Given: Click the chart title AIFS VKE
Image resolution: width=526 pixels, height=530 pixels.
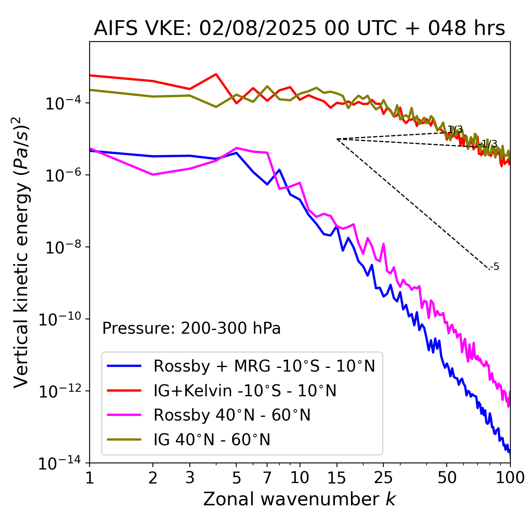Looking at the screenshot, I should [x=299, y=28].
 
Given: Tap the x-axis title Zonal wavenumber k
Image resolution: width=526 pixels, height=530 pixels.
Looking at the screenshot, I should [x=299, y=499].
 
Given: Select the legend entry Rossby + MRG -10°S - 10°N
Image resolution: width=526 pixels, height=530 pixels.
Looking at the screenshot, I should [x=264, y=366].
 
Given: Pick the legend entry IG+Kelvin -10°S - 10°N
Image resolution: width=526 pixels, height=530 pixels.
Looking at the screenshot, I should [x=245, y=391].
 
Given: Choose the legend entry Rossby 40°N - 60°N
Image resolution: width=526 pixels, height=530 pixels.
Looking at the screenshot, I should [x=232, y=415].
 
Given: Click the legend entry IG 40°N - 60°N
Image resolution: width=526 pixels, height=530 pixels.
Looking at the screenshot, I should [x=212, y=440].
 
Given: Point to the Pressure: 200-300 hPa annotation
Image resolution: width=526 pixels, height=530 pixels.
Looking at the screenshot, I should [x=191, y=328].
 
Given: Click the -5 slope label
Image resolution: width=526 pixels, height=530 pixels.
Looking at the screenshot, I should [x=495, y=267].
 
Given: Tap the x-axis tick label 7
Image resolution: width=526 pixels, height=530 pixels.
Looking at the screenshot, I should [x=267, y=478].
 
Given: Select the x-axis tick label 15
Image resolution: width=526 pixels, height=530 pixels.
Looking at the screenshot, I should [x=337, y=478].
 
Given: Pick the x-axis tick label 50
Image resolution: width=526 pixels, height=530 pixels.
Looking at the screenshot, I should [x=447, y=478].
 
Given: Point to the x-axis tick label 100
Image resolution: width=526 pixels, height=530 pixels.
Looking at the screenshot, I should [x=510, y=478].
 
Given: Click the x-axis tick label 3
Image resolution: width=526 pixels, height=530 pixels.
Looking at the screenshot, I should [x=189, y=478].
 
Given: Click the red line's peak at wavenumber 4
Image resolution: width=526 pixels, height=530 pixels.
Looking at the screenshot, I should [x=216, y=74].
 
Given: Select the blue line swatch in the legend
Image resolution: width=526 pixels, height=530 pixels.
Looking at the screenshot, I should [x=124, y=366].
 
